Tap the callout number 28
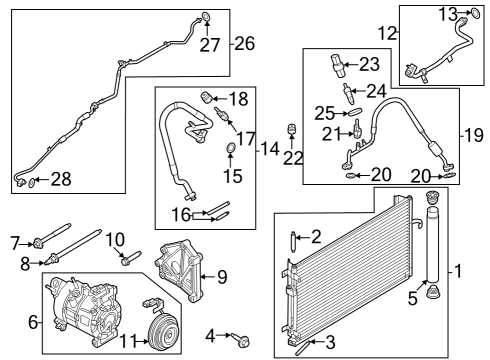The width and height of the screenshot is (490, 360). pyautogui.click(x=61, y=179)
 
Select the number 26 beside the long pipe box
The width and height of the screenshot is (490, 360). pyautogui.click(x=244, y=43)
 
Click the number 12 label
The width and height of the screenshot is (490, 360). pyautogui.click(x=386, y=33)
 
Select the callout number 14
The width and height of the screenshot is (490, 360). pyautogui.click(x=268, y=149)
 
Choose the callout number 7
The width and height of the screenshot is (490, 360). pyautogui.click(x=14, y=242)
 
